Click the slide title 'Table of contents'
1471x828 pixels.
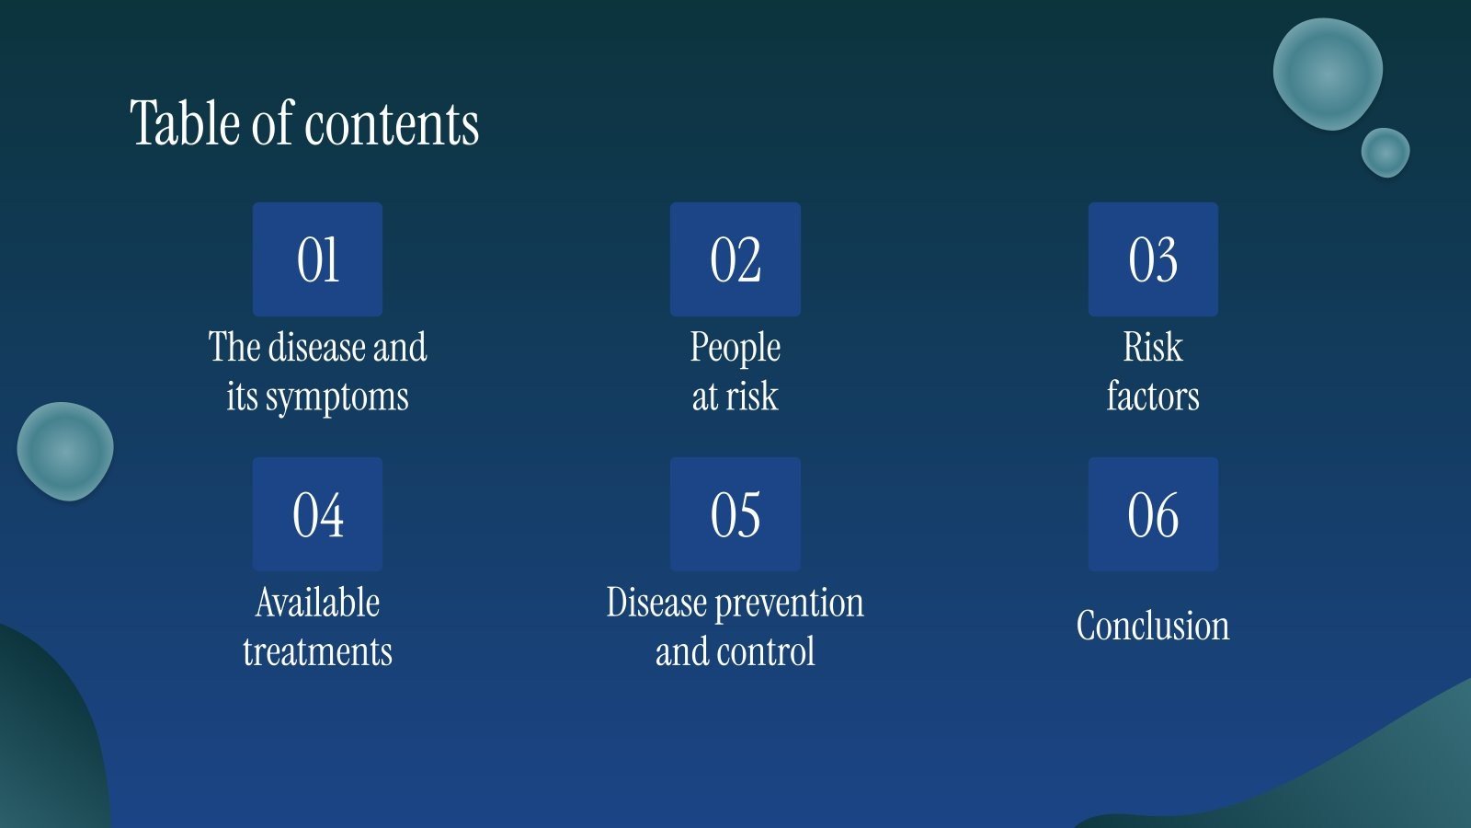(304, 123)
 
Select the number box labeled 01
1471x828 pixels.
(317, 259)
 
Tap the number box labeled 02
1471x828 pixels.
(735, 259)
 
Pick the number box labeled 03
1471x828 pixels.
(1153, 259)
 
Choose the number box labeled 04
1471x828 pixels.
(317, 514)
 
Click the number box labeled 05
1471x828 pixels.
(735, 514)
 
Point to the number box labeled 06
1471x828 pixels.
(1153, 514)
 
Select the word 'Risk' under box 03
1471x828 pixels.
(1153, 348)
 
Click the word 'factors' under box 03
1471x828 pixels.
(1153, 397)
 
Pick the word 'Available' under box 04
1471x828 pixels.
(317, 603)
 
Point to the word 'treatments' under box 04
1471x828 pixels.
(317, 652)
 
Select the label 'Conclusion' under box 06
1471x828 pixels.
(1153, 626)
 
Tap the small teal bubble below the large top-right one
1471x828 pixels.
(1385, 152)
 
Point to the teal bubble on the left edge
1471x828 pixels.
(65, 451)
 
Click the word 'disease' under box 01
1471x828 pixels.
(316, 348)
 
